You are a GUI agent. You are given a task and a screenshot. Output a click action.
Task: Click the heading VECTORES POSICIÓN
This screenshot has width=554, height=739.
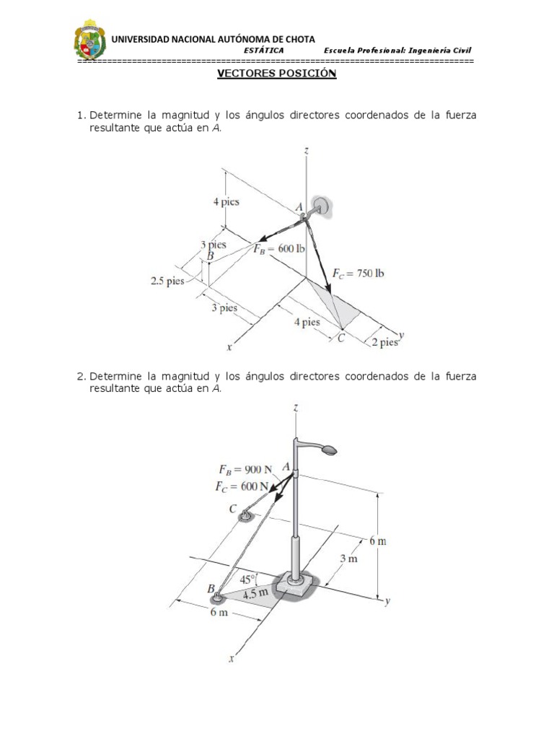click(x=278, y=74)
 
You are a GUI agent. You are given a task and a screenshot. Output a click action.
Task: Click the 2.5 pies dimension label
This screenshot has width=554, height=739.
click(x=167, y=281)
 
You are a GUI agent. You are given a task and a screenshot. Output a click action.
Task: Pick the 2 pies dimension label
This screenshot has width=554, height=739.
click(x=384, y=342)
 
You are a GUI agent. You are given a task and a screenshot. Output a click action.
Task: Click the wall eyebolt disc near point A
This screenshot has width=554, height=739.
click(x=322, y=206)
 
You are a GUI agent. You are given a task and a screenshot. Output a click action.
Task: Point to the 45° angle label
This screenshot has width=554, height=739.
click(x=249, y=578)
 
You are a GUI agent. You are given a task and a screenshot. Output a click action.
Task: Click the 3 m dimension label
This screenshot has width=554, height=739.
click(x=349, y=558)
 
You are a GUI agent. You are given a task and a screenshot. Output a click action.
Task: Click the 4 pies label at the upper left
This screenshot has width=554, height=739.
click(x=226, y=202)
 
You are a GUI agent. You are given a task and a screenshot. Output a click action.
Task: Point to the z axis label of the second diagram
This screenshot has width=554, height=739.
click(x=296, y=408)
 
